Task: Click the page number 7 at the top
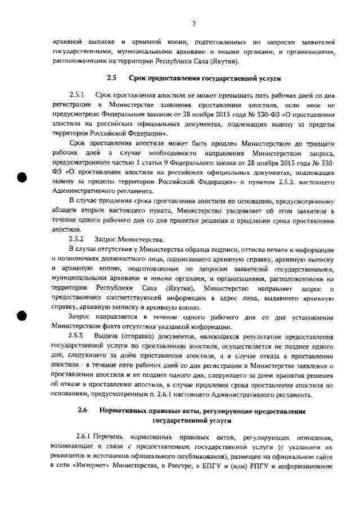tap(193, 24)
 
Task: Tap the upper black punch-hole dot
tap(22, 177)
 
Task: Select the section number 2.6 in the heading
tap(83, 411)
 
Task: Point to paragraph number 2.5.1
tap(76, 96)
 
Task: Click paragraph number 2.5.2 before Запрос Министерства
tap(76, 239)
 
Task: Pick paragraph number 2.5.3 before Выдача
tap(76, 335)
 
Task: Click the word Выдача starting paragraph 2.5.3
tap(107, 335)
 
